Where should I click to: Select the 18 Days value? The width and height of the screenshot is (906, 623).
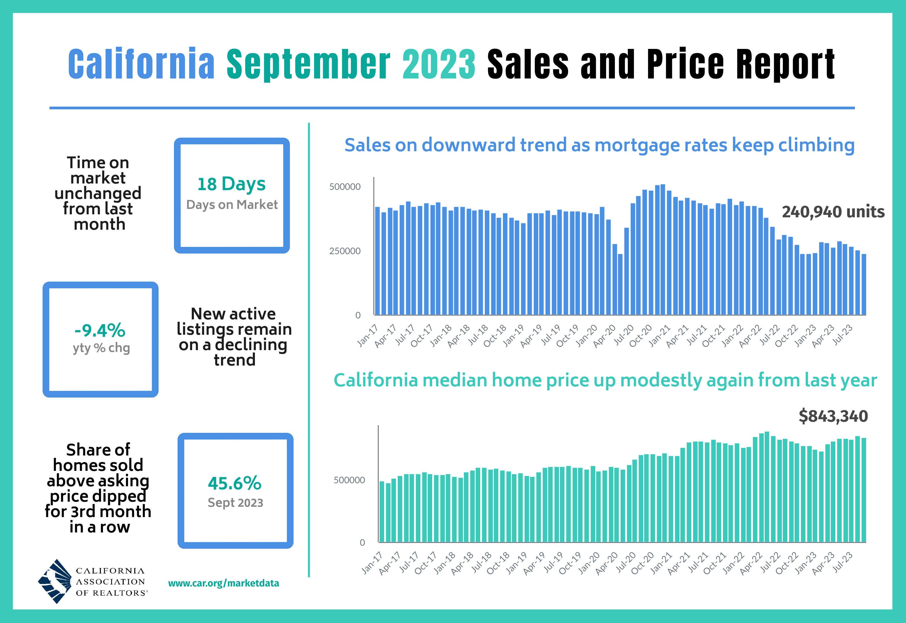click(x=231, y=184)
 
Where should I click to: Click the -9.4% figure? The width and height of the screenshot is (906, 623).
click(x=100, y=331)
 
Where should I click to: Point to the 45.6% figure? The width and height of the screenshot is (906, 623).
click(x=235, y=484)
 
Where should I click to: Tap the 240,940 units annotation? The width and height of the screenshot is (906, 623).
click(x=833, y=212)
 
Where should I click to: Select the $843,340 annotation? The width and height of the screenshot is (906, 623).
click(x=833, y=416)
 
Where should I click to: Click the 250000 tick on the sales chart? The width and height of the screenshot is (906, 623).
click(x=345, y=251)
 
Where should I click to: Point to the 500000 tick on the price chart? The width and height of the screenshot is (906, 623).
click(x=349, y=480)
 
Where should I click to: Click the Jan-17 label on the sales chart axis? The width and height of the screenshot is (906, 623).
click(x=368, y=336)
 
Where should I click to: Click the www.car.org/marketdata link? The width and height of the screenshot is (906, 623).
click(x=223, y=583)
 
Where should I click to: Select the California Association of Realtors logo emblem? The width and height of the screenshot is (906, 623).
click(x=55, y=581)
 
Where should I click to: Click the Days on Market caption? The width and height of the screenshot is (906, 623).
click(x=232, y=205)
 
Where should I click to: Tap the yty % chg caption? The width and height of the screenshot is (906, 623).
click(x=101, y=348)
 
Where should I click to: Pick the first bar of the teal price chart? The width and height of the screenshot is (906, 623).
click(x=381, y=511)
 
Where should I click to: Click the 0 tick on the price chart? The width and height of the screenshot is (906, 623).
click(x=362, y=542)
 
